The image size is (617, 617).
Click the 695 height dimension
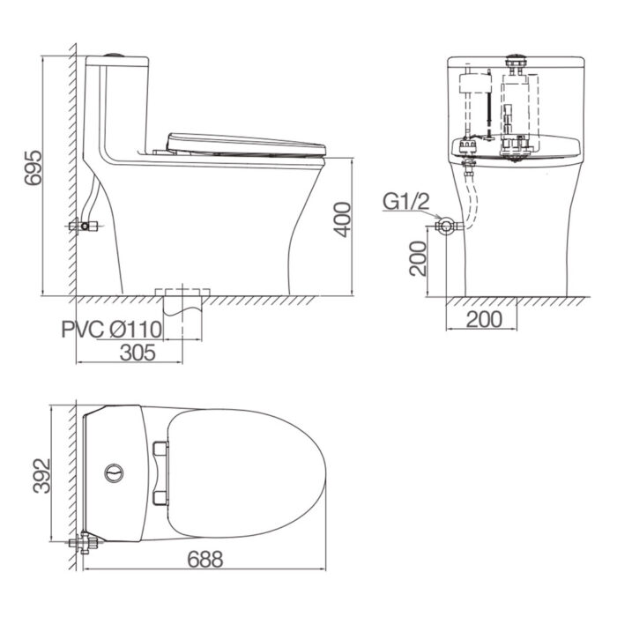33,167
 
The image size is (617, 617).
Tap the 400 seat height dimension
342,219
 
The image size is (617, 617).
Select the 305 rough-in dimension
138,353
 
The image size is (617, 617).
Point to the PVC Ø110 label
112,330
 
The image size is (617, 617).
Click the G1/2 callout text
406,202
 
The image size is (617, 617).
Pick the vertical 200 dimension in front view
418,258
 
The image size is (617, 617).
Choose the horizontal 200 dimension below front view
484,319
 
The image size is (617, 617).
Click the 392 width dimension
41,476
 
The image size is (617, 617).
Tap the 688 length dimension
205,559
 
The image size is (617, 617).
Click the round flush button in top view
114,473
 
